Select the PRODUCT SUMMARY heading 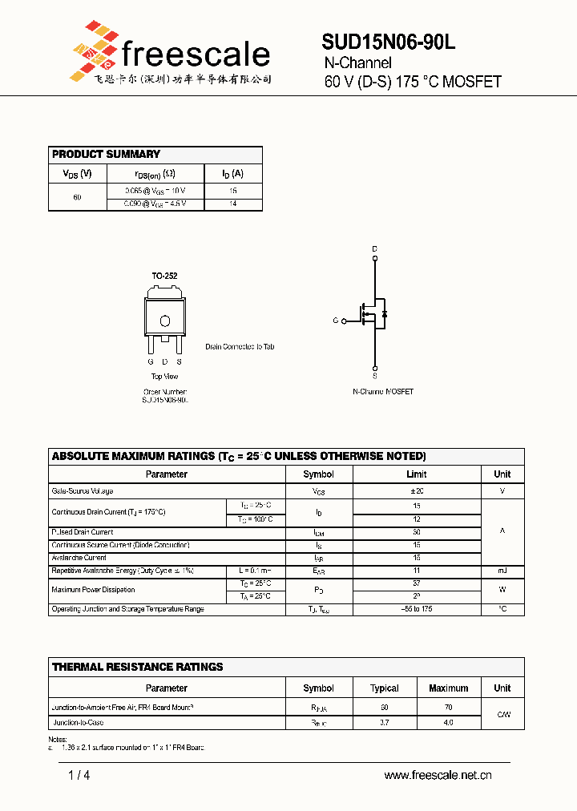(x=106, y=154)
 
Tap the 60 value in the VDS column (x=77, y=197)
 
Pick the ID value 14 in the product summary (x=233, y=204)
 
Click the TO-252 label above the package (x=164, y=276)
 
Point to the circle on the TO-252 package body (x=165, y=321)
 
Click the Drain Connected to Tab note (x=240, y=347)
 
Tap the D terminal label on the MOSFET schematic (x=374, y=249)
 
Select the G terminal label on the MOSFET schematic (x=336, y=321)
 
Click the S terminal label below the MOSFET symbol (x=374, y=375)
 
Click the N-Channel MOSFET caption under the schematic (x=383, y=392)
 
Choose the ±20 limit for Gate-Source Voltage (x=416, y=490)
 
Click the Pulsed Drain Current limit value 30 (x=416, y=532)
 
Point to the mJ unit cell (x=502, y=571)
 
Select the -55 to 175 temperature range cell (x=416, y=609)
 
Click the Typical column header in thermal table (x=384, y=688)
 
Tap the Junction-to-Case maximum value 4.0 (x=448, y=723)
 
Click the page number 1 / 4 (x=79, y=775)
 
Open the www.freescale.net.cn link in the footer (x=438, y=775)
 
